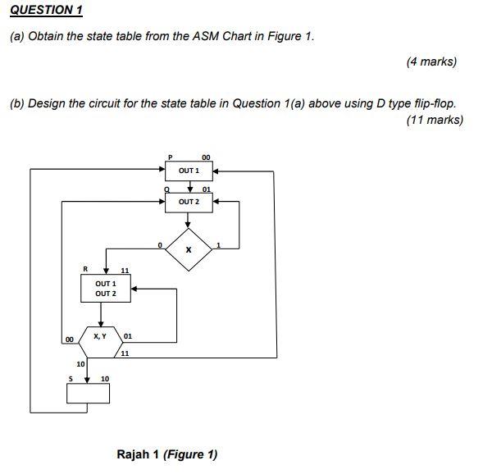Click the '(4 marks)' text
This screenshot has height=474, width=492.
[x=431, y=62]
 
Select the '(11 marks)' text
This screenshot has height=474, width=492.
[x=435, y=120]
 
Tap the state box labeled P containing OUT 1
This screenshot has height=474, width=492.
[x=189, y=171]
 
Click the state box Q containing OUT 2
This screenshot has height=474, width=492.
[x=189, y=202]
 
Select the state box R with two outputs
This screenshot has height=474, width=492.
[x=103, y=288]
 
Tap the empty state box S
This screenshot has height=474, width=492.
[x=88, y=394]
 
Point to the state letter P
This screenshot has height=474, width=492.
[x=170, y=156]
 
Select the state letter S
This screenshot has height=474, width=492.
[x=71, y=379]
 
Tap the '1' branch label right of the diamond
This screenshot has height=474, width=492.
[x=219, y=244]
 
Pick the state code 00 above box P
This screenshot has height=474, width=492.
[x=206, y=156]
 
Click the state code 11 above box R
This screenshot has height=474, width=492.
[x=125, y=270]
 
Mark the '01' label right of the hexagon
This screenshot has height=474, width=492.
[x=128, y=335]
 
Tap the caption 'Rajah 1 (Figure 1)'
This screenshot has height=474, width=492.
[x=167, y=454]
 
